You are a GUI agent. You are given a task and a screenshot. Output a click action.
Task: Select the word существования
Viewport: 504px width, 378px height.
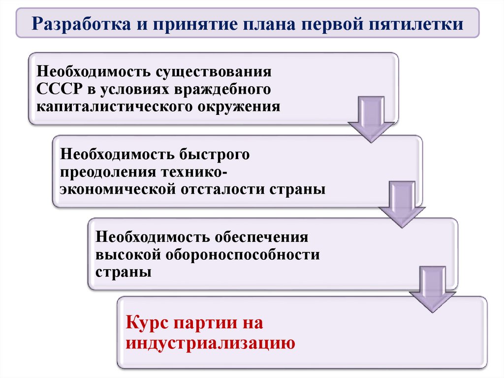pos(214,72)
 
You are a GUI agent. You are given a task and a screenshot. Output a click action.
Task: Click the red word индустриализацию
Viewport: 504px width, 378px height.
pos(210,342)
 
